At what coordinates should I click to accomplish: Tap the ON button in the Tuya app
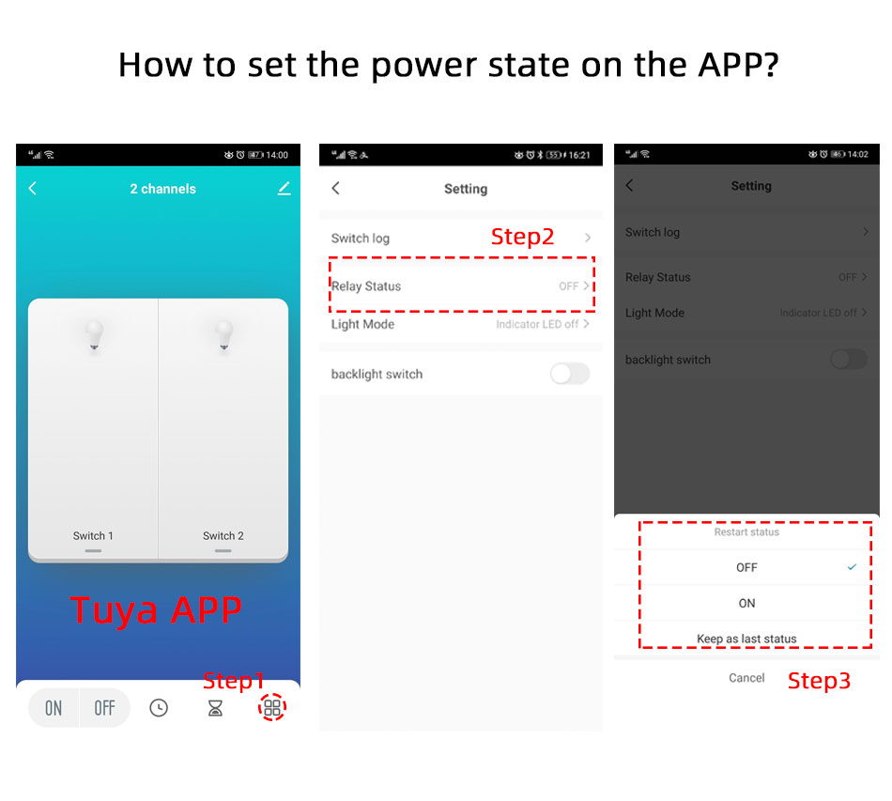(54, 708)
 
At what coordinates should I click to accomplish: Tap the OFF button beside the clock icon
(104, 708)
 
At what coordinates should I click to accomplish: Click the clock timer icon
(159, 708)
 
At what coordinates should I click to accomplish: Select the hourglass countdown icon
(215, 708)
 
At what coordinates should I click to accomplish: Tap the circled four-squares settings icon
(272, 707)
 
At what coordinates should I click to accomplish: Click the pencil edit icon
(284, 189)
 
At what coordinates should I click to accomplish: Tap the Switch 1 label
(93, 536)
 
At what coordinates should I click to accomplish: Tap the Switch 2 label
(223, 536)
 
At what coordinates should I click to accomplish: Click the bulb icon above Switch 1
(95, 334)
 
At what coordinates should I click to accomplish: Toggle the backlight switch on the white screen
(569, 374)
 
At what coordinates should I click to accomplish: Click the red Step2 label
(522, 237)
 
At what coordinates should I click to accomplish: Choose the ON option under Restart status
(746, 603)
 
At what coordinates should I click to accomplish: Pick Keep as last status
(746, 639)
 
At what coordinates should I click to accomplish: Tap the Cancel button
(746, 678)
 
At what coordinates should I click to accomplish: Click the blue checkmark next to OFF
(852, 566)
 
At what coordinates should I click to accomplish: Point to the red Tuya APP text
(156, 610)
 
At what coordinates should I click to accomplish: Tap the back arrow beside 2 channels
(33, 189)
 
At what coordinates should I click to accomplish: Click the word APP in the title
(738, 64)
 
